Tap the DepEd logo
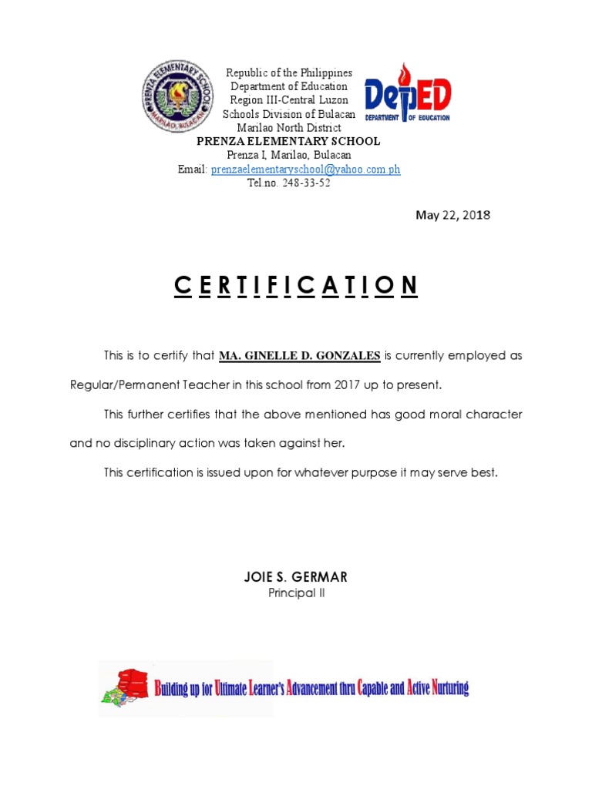coord(407,94)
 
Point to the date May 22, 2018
coord(452,215)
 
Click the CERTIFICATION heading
coord(296,285)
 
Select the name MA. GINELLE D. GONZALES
coord(300,356)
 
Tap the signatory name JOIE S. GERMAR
coord(296,576)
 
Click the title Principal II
coord(296,593)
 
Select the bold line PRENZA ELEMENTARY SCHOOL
coord(288,142)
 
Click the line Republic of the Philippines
coord(289,72)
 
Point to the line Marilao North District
coord(289,128)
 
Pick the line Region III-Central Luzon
coord(289,100)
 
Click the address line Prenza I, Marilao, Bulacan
coord(289,156)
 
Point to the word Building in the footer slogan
coord(173,688)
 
